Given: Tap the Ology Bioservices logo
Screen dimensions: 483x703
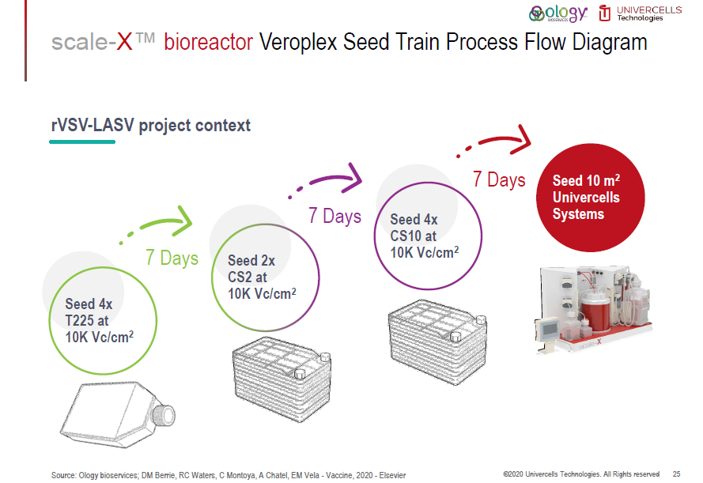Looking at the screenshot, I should point(559,13).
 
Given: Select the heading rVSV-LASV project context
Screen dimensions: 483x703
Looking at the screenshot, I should point(150,125).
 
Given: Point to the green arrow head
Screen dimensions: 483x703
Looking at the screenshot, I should point(183,221).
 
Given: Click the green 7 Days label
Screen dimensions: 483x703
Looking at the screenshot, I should point(172,258).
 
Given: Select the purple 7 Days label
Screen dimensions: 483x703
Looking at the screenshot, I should point(334,216).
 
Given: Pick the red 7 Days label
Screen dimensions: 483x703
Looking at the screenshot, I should point(499,180).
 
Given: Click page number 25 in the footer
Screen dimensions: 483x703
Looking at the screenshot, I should point(676,474).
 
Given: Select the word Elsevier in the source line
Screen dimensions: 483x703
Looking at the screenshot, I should point(391,475).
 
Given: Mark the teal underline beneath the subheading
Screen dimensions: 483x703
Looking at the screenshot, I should point(82,142).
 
